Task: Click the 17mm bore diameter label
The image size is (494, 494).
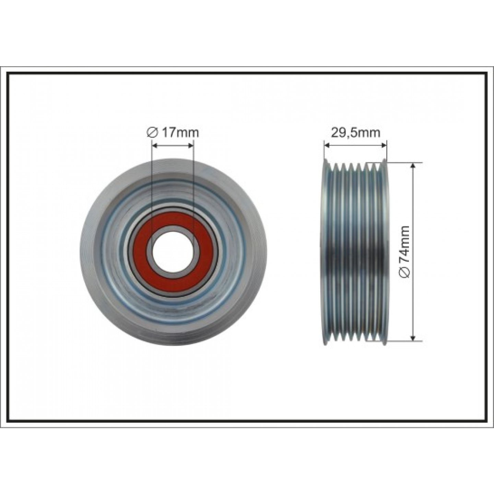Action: [173, 132]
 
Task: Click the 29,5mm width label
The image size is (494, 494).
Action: [355, 132]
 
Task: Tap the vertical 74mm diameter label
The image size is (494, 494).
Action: [405, 251]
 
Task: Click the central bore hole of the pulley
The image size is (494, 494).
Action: [173, 251]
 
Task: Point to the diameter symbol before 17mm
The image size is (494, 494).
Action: [151, 133]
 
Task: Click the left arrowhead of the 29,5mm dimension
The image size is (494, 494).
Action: [327, 145]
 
